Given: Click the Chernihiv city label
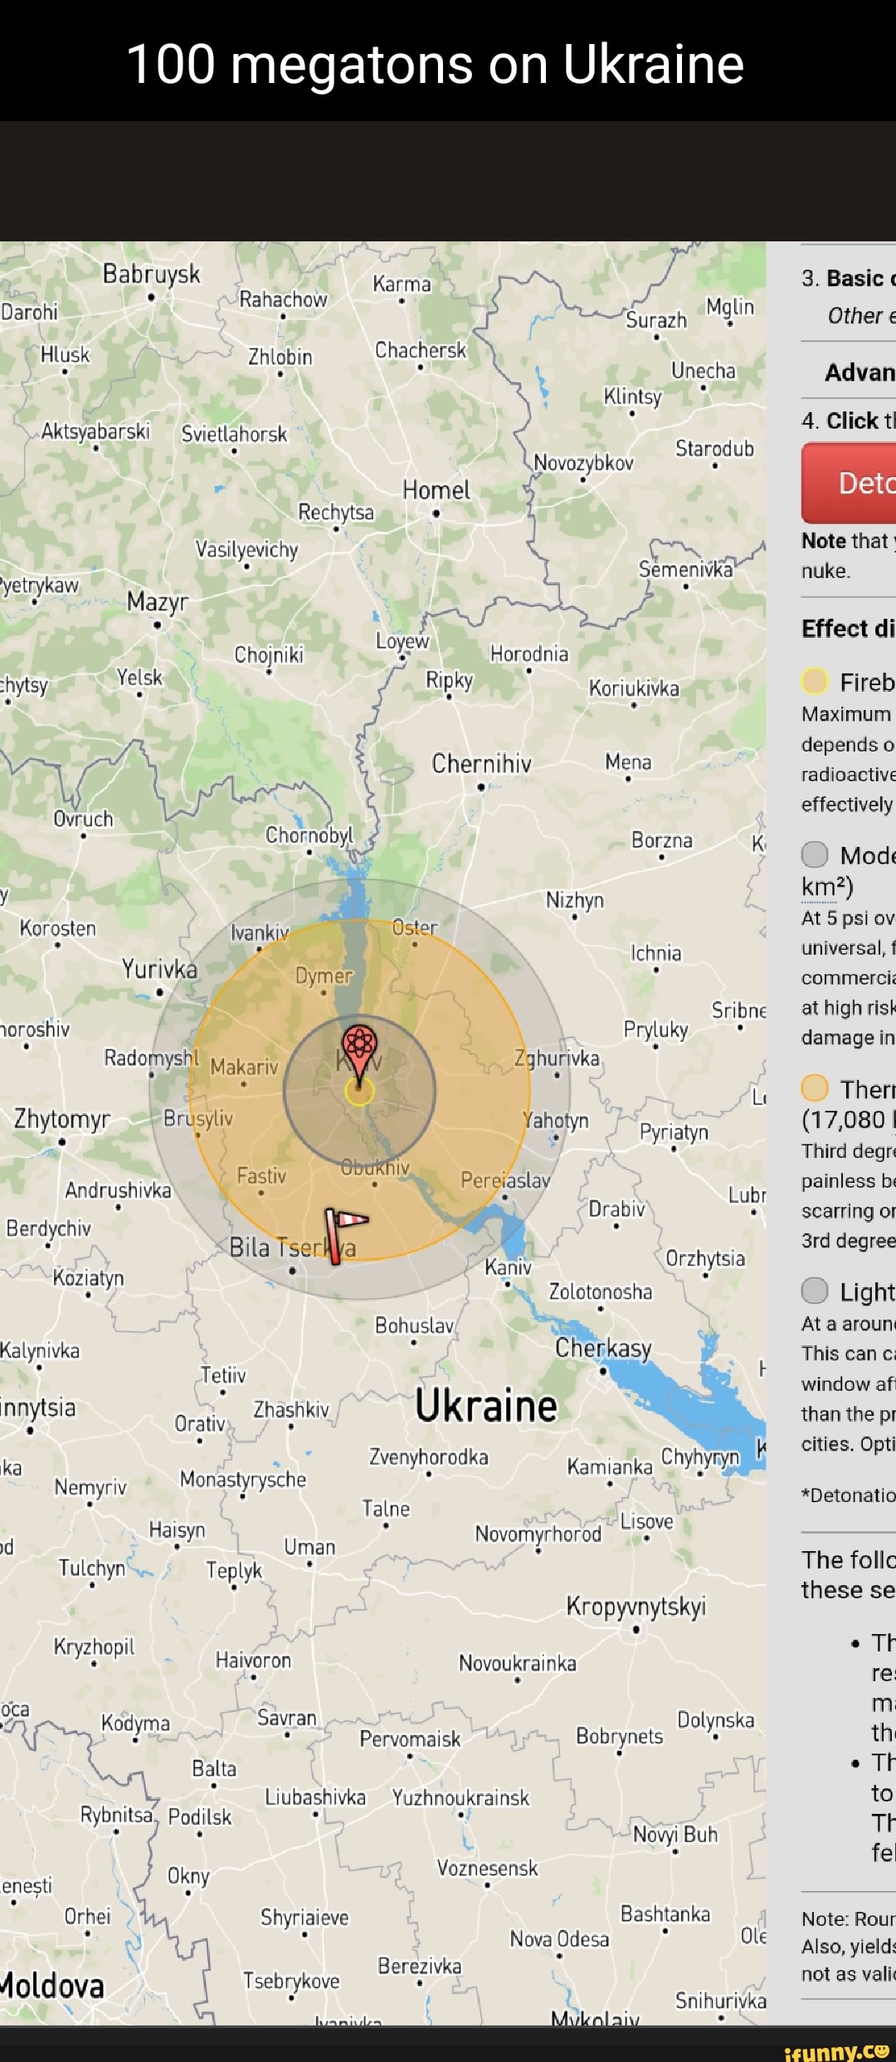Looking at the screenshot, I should (x=481, y=764).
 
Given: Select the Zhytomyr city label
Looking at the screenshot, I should (x=62, y=1119).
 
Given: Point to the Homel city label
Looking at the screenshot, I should (x=436, y=490).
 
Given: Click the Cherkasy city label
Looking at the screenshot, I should (x=603, y=1348).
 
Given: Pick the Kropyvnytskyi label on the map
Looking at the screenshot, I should (x=635, y=1606).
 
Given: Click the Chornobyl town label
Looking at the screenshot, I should (x=309, y=835).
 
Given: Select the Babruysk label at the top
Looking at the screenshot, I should (x=152, y=274).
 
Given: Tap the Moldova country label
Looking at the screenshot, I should (x=53, y=1986).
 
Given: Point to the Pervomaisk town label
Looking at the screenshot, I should (x=409, y=1739).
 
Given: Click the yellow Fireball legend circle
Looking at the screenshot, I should (x=815, y=681).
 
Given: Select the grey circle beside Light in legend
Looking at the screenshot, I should (x=815, y=1291).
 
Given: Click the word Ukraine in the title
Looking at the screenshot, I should (x=653, y=64).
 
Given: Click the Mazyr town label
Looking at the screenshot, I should (x=158, y=602).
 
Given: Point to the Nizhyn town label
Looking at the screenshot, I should (x=575, y=900).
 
